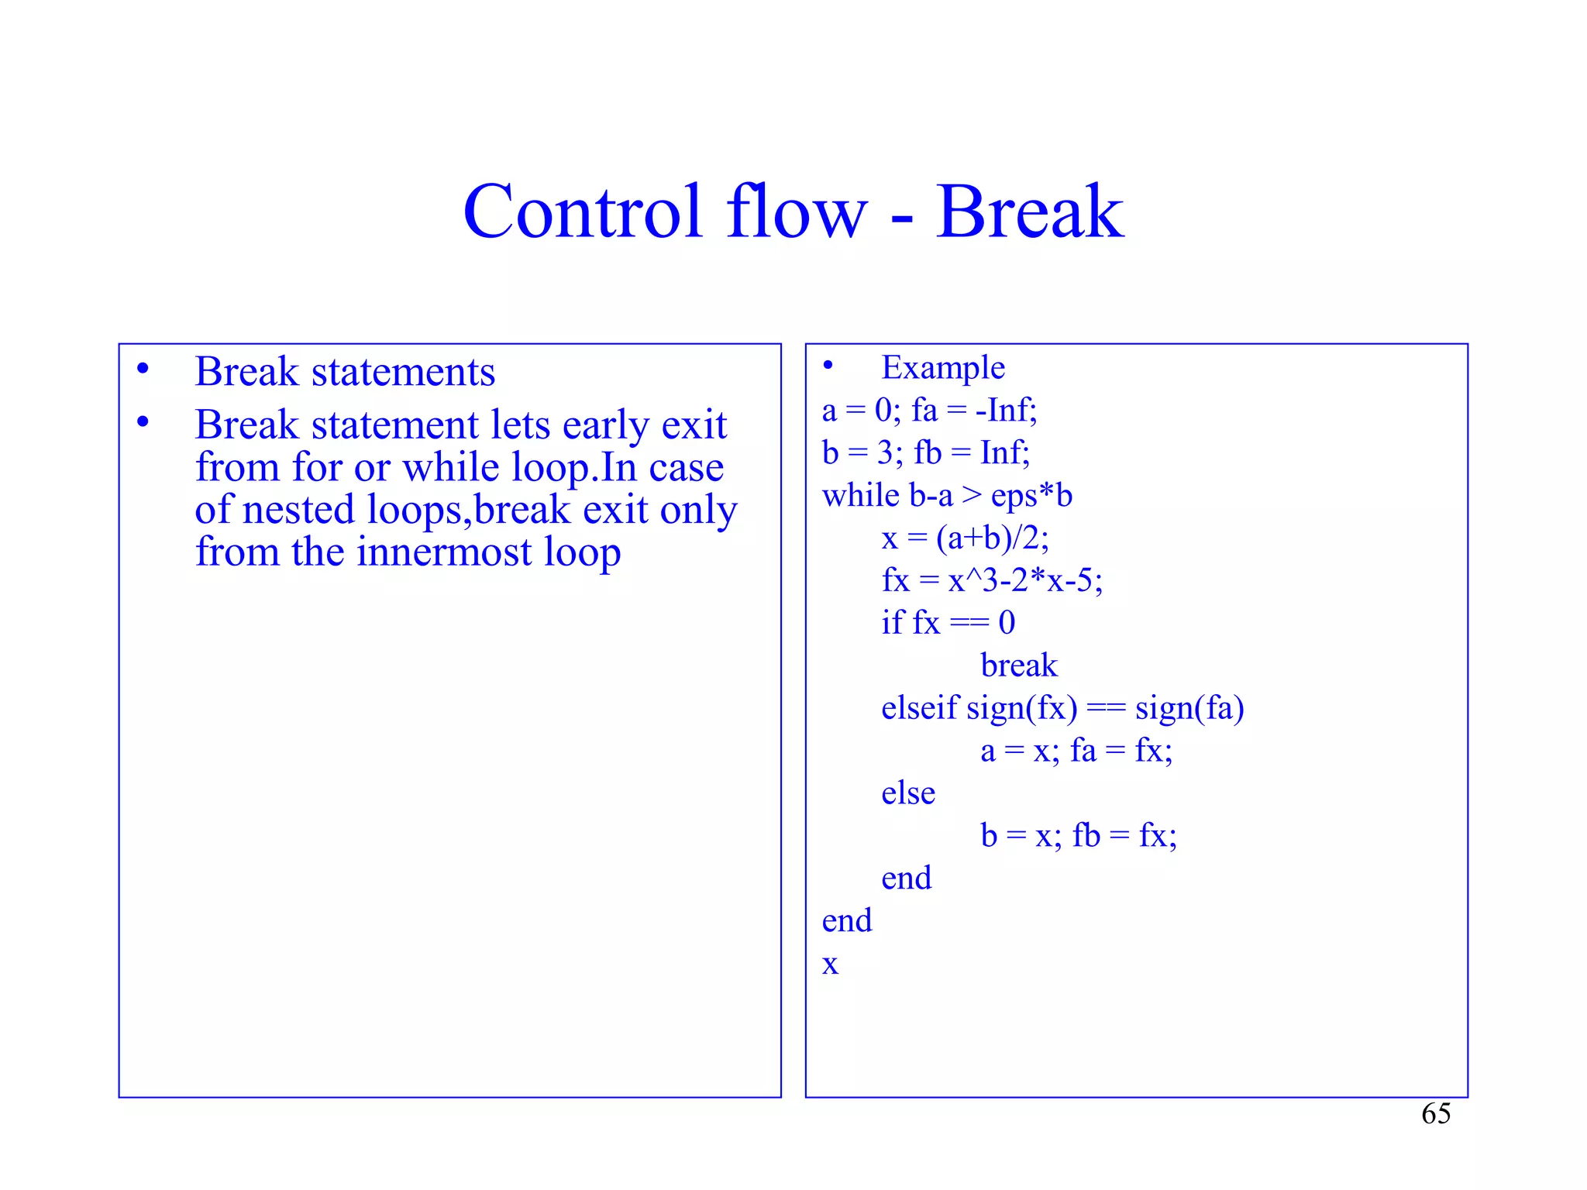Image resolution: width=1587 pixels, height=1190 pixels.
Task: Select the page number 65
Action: pos(1435,1114)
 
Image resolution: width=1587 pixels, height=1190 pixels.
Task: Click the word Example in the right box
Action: pos(942,368)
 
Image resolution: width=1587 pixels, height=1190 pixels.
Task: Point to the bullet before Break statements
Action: pos(143,370)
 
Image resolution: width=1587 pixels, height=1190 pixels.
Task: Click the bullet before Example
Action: pos(828,365)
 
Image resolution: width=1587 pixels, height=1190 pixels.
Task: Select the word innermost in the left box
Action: pos(444,552)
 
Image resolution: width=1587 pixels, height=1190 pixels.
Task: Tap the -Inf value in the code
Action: pos(1004,411)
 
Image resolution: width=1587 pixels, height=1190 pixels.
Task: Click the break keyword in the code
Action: pos(1018,666)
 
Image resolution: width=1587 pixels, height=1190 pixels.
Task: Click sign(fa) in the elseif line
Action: pos(1189,709)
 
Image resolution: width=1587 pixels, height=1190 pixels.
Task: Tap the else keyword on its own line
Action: pos(907,793)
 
